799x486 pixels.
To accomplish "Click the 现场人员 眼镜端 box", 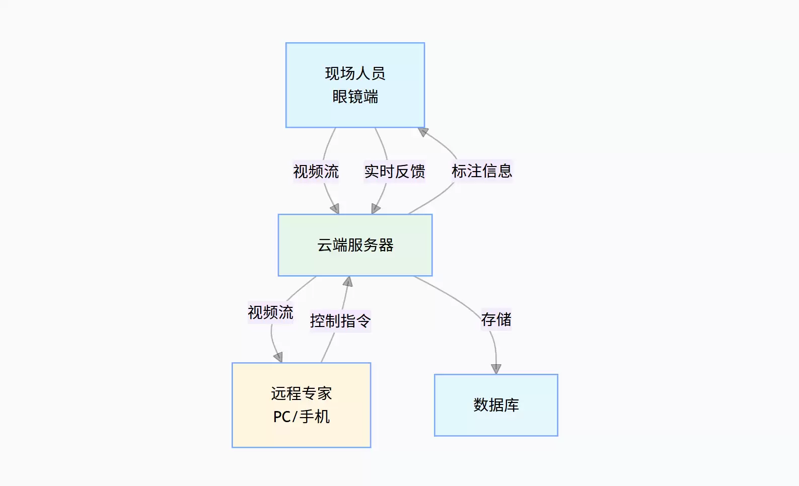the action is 355,85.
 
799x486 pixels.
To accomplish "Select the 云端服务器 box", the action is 355,245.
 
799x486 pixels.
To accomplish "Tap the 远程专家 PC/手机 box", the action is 302,405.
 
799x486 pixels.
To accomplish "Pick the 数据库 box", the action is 496,405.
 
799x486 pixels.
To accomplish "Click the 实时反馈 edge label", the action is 395,172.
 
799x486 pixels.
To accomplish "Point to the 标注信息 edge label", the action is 482,171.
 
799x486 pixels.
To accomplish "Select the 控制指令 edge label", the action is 340,320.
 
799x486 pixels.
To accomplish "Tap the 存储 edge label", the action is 496,319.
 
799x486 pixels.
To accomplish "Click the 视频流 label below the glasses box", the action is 316,172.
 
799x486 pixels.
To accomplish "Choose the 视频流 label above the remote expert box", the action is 270,312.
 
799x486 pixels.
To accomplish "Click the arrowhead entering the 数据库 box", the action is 496,369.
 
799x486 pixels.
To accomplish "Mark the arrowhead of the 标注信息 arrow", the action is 423,132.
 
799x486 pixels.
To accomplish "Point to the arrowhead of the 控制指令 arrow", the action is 348,282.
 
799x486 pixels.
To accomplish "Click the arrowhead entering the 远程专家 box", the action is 278,357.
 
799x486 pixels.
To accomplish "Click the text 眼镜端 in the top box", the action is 355,97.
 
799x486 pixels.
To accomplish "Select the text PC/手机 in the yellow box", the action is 302,417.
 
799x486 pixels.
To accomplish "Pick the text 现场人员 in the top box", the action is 355,73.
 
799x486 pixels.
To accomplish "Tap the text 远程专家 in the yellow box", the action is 302,393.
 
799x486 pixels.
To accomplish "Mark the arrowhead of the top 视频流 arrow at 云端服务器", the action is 335,209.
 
